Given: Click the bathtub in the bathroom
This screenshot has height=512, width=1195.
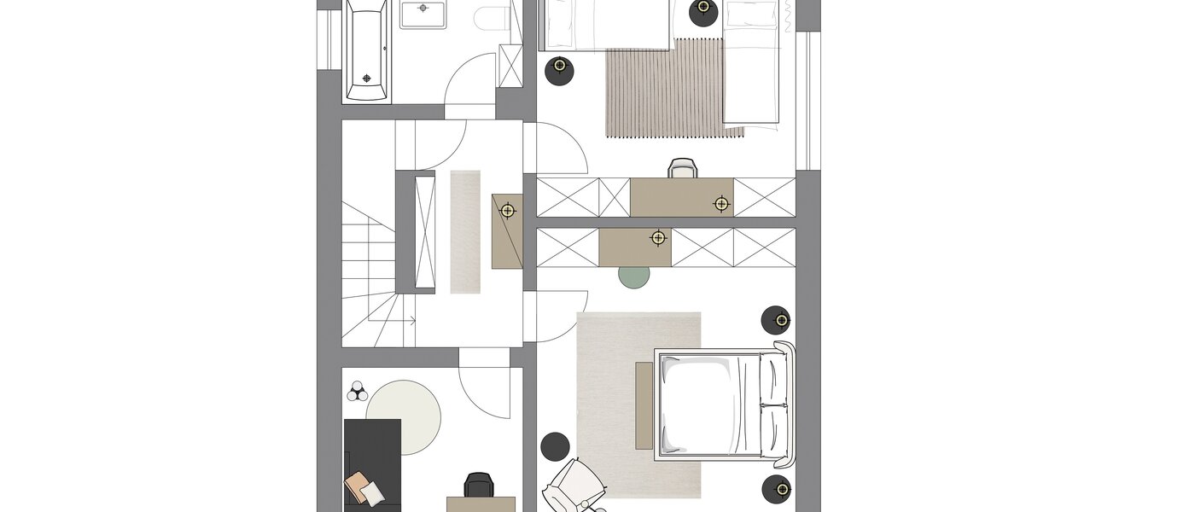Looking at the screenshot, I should [367, 51].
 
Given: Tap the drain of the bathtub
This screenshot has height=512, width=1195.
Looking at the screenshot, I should [367, 79].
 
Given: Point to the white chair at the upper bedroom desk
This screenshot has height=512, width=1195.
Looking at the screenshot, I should [682, 168].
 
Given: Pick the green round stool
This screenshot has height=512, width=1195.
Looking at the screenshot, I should [634, 274].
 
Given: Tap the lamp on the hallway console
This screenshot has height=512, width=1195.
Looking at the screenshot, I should [508, 210].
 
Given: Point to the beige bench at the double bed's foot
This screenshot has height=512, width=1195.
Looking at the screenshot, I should [644, 405].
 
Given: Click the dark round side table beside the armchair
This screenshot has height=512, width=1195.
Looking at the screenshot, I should [555, 445].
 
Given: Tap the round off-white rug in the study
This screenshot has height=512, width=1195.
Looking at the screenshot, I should [404, 417].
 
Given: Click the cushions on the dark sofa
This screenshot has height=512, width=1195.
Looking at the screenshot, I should [365, 489].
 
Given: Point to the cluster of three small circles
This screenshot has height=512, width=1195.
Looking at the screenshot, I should [358, 392].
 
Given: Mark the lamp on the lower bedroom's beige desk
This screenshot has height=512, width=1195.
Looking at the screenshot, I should [658, 238].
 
